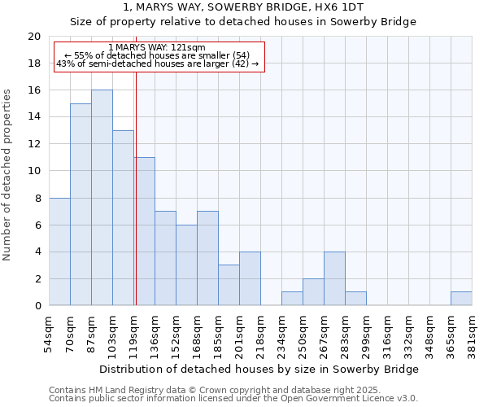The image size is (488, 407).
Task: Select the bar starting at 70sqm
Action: (x=81, y=204)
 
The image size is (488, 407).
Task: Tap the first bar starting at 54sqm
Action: (x=59, y=252)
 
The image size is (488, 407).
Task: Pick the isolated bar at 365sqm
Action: (x=461, y=299)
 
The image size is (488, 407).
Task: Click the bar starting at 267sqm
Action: (x=334, y=278)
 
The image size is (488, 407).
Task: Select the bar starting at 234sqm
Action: (x=292, y=299)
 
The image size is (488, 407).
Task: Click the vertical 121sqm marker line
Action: (x=136, y=187)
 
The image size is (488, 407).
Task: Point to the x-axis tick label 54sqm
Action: (x=49, y=333)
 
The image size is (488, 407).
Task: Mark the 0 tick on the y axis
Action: (x=37, y=306)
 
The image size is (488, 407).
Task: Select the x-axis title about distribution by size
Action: (x=259, y=369)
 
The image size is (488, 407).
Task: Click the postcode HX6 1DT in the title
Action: (x=335, y=7)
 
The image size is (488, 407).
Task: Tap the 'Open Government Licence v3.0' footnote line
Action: (x=233, y=398)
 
